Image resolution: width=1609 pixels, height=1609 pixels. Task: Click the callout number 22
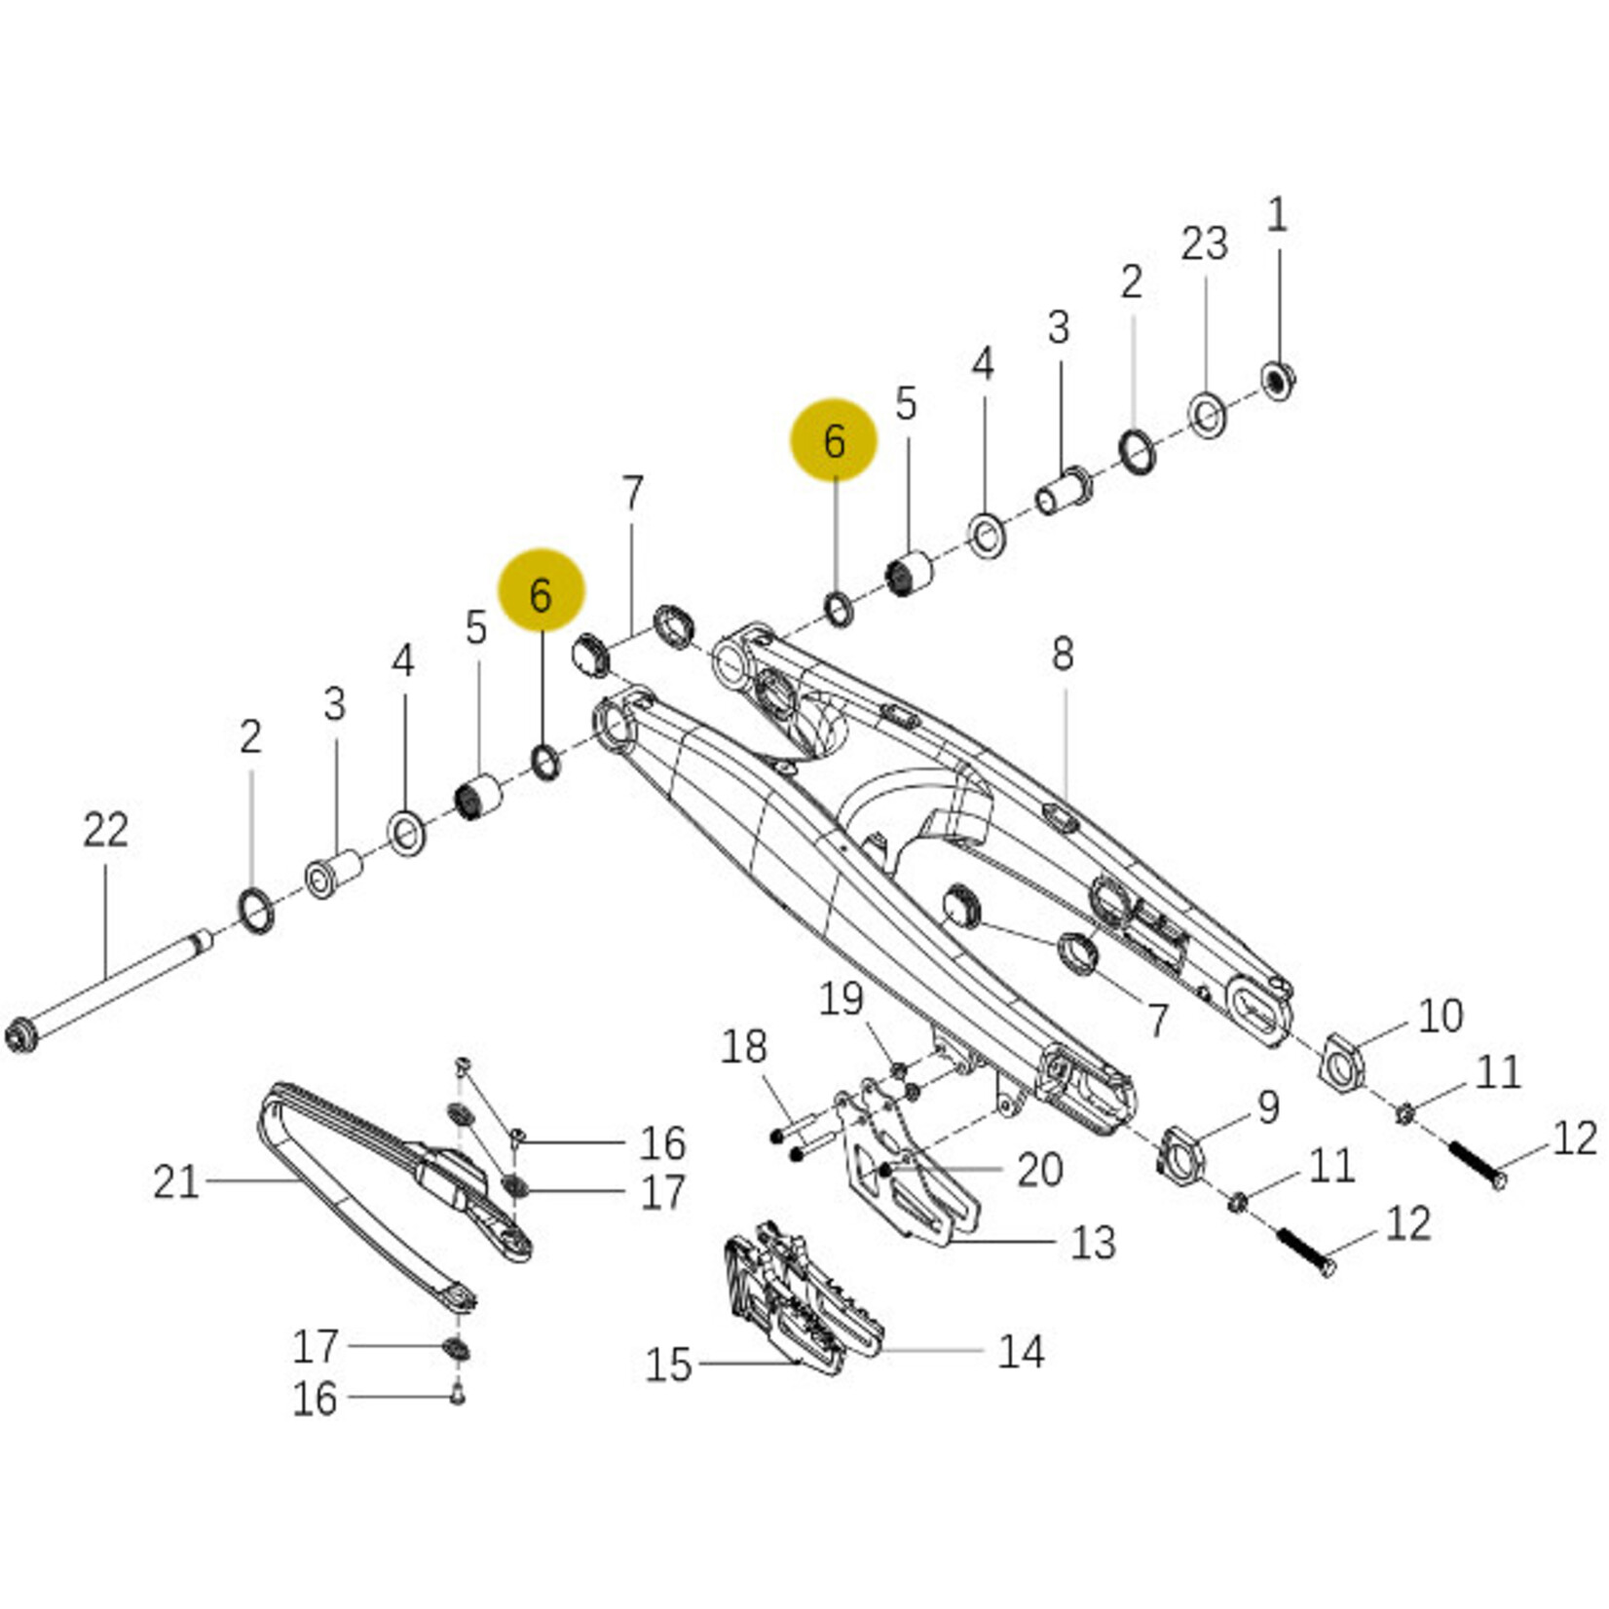[x=105, y=831]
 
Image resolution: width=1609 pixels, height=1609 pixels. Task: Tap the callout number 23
[x=1204, y=243]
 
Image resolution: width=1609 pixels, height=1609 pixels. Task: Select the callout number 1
[x=1276, y=214]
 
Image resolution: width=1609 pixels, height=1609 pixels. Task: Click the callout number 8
[x=1063, y=654]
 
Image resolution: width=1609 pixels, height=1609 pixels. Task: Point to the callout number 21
[x=176, y=1182]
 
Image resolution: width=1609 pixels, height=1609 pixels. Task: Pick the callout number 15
[x=668, y=1365]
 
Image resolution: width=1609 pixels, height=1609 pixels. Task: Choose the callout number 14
[x=1020, y=1351]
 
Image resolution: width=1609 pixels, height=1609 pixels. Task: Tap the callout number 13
[x=1092, y=1243]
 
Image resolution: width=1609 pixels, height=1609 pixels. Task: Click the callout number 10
[x=1440, y=1016]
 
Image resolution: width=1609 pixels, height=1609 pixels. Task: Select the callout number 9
[x=1267, y=1107]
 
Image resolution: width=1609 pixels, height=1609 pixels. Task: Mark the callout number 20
[x=1039, y=1169]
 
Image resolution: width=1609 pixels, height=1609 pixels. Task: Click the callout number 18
[x=744, y=1047]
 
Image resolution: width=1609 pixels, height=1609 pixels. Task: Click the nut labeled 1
[x=1277, y=379]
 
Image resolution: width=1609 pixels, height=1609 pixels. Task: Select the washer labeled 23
[x=1207, y=416]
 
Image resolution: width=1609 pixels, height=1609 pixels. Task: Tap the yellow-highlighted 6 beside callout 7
[x=542, y=593]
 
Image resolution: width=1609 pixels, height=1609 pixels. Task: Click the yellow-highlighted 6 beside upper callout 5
[x=834, y=440]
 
